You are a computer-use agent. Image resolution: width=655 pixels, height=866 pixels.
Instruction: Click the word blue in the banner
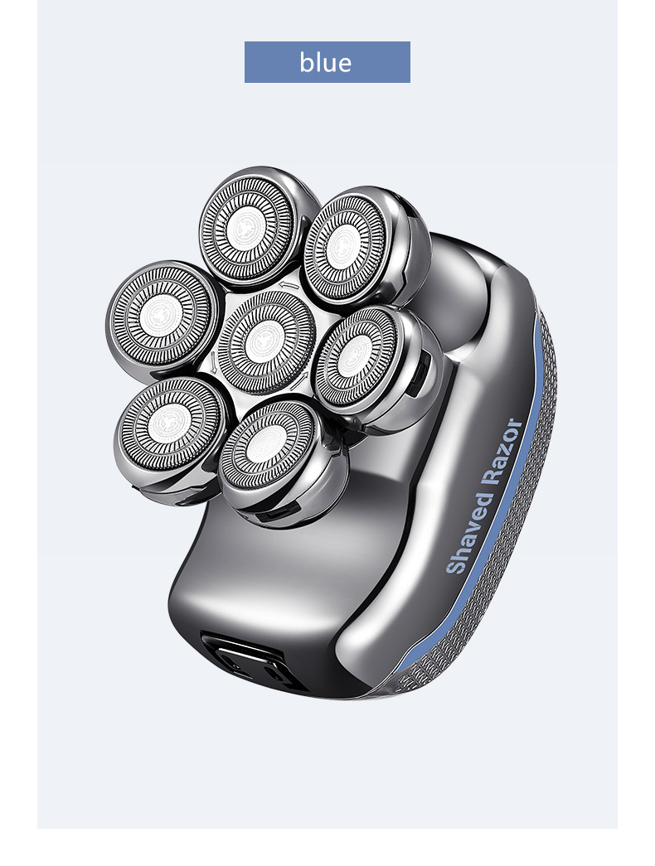click(326, 62)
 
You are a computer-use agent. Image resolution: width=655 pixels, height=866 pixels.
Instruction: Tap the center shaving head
click(266, 342)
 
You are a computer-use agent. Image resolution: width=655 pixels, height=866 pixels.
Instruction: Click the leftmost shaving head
click(162, 317)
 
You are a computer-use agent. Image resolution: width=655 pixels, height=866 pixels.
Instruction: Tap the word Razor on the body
click(503, 451)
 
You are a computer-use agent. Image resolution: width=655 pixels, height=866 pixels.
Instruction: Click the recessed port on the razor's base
click(250, 660)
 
